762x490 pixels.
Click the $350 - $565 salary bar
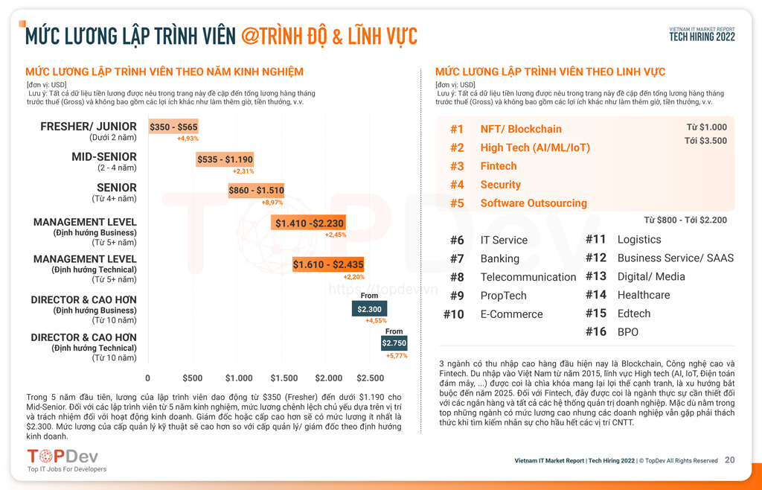pos(173,127)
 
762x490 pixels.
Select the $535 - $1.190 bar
pos(225,159)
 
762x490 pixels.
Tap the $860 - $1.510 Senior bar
pos(256,191)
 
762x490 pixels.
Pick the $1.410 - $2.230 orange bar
pos(309,223)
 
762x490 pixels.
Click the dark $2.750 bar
pos(394,343)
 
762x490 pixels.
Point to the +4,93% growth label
pos(188,139)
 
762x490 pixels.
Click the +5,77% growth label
pos(397,356)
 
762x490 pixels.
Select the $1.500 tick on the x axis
pos(284,378)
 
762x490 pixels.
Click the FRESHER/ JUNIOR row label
pos(89,127)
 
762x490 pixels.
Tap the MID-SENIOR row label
pos(104,157)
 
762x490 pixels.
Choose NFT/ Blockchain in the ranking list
pos(521,129)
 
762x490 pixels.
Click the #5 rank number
pos(457,203)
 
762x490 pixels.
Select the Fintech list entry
pos(498,166)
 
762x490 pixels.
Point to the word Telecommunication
pos(528,277)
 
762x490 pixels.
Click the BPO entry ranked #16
pos(627,332)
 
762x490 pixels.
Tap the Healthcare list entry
pos(643,295)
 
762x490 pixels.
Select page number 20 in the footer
pos(729,460)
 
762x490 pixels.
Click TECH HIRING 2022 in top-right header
pos(702,37)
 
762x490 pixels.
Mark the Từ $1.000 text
pos(706,127)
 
